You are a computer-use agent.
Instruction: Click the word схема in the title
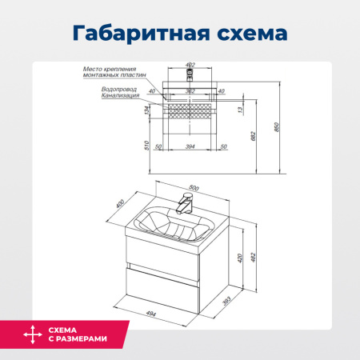(247, 34)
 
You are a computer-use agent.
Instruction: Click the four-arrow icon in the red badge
(31, 334)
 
